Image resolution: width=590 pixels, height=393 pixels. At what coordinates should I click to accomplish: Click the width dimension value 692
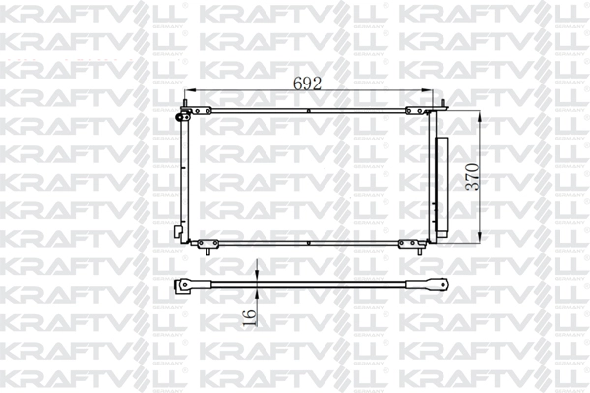point(308,84)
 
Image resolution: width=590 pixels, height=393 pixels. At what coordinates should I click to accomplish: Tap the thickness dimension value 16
point(249,315)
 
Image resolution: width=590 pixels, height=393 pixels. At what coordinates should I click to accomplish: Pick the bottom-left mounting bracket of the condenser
point(209,243)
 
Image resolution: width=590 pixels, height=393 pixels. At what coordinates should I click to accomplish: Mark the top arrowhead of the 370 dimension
point(480,117)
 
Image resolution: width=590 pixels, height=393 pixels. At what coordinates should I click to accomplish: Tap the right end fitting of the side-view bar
point(432,286)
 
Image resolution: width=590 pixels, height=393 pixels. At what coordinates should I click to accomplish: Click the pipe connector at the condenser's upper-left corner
point(181,116)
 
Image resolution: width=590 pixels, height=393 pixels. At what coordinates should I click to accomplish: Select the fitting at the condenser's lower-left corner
point(178,233)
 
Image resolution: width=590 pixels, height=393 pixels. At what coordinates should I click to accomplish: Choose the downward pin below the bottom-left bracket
point(209,252)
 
